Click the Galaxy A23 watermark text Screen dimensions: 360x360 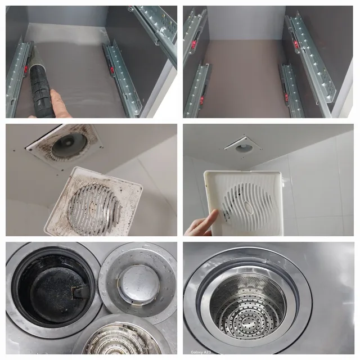click(x=200, y=352)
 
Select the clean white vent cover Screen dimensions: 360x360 click(x=244, y=203)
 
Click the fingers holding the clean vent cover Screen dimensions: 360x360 click(x=202, y=224)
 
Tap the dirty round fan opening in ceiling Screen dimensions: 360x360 click(x=69, y=145)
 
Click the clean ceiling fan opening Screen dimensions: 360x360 click(x=244, y=148)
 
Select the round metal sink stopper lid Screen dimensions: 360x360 click(x=139, y=284)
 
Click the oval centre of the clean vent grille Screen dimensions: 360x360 click(x=248, y=206)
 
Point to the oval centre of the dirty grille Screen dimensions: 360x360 click(x=94, y=205)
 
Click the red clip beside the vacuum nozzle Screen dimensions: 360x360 click(x=26, y=69)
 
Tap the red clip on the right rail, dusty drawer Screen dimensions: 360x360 click(x=111, y=70)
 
